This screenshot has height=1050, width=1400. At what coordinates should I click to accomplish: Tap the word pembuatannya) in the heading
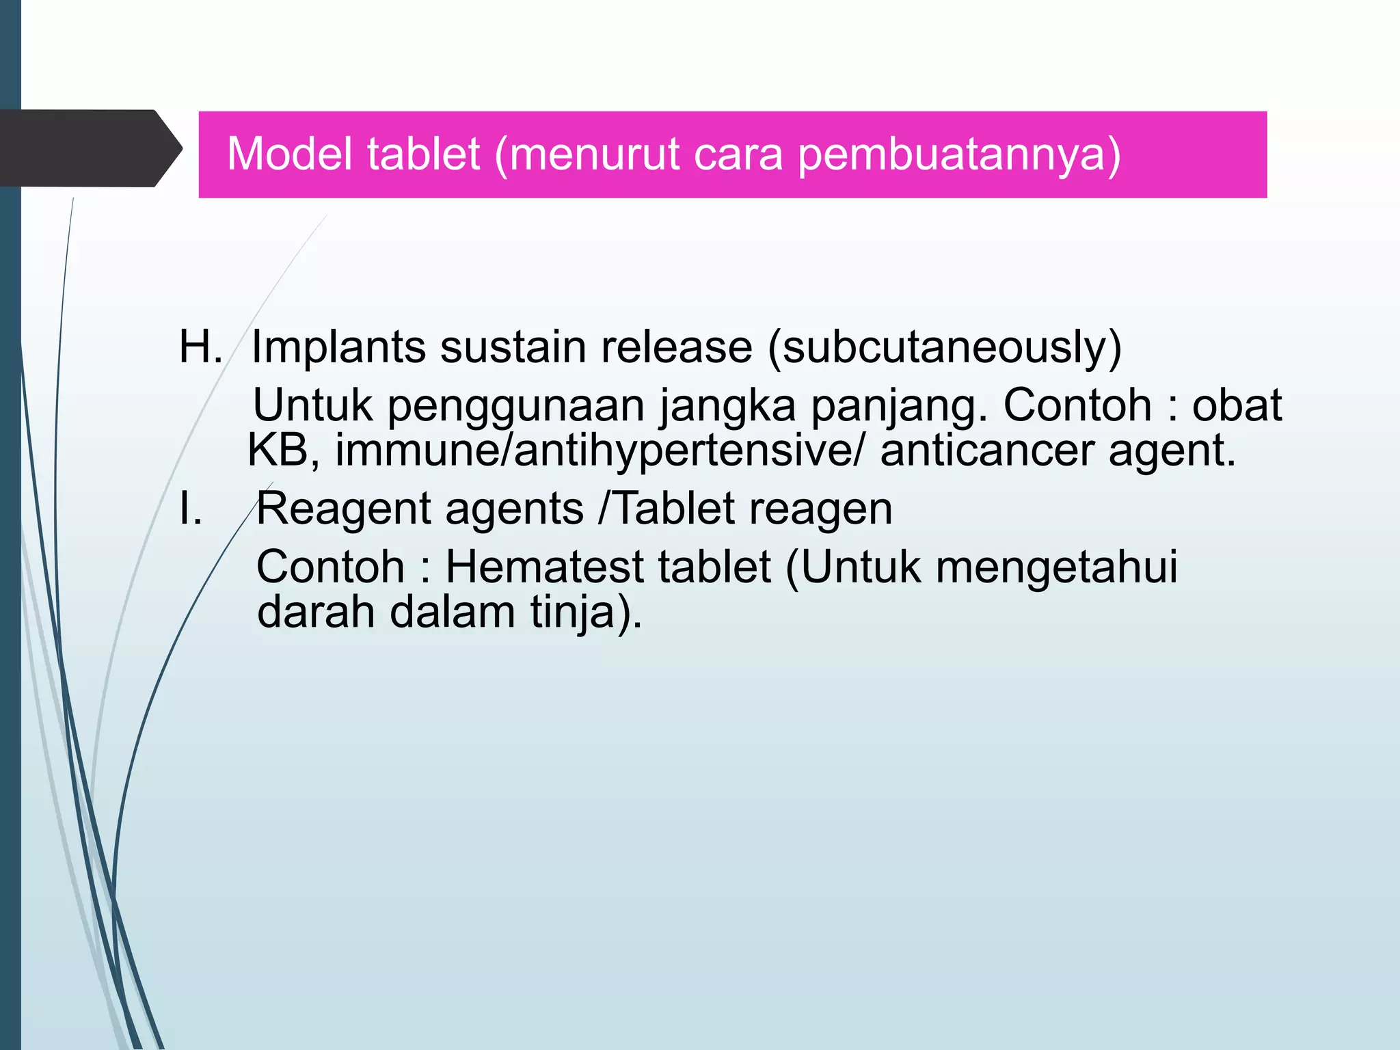click(x=959, y=155)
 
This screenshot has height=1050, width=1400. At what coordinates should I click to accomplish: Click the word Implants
click(x=338, y=348)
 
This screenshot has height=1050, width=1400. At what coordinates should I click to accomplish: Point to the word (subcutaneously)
click(x=945, y=348)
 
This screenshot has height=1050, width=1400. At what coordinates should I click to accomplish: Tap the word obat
click(x=1237, y=405)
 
